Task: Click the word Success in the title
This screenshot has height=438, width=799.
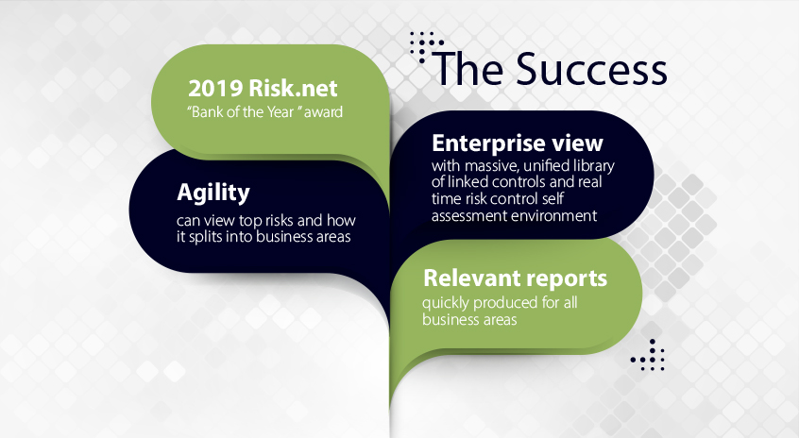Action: click(x=591, y=69)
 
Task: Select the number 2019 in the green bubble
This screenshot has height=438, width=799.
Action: click(x=215, y=89)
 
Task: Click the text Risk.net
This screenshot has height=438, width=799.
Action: click(x=293, y=89)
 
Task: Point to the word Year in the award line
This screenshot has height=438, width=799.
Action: click(x=281, y=112)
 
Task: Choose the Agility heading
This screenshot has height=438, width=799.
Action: click(x=213, y=193)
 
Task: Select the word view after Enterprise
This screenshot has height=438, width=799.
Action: click(x=578, y=143)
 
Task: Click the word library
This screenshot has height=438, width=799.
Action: click(x=594, y=166)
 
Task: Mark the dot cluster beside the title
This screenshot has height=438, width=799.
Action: click(x=425, y=47)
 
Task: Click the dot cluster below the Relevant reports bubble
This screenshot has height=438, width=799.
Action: click(x=648, y=355)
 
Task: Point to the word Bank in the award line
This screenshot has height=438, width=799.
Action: click(x=207, y=112)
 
